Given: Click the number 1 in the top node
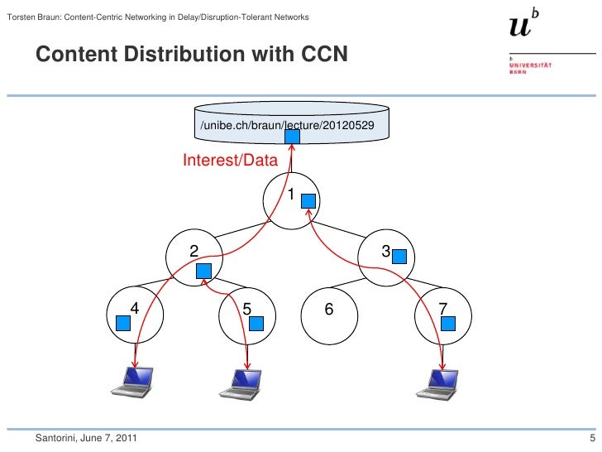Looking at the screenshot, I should (290, 195).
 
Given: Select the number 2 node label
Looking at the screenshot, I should (193, 250).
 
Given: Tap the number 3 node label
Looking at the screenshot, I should (385, 250).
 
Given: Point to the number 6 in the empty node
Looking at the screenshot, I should (328, 309).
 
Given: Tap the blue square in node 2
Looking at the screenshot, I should (204, 271).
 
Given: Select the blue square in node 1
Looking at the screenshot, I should (308, 200).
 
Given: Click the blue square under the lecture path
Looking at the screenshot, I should (292, 135).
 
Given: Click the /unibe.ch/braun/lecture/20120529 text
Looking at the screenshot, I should (290, 125).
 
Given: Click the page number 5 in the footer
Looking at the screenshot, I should (591, 437).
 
